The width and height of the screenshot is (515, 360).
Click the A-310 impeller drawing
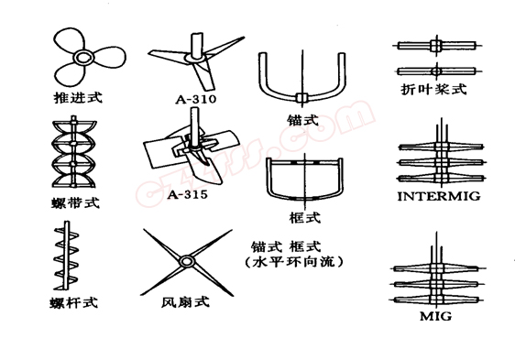tap(195, 57)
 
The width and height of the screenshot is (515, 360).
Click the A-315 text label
tap(190, 193)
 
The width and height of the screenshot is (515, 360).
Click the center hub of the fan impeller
tap(187, 262)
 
